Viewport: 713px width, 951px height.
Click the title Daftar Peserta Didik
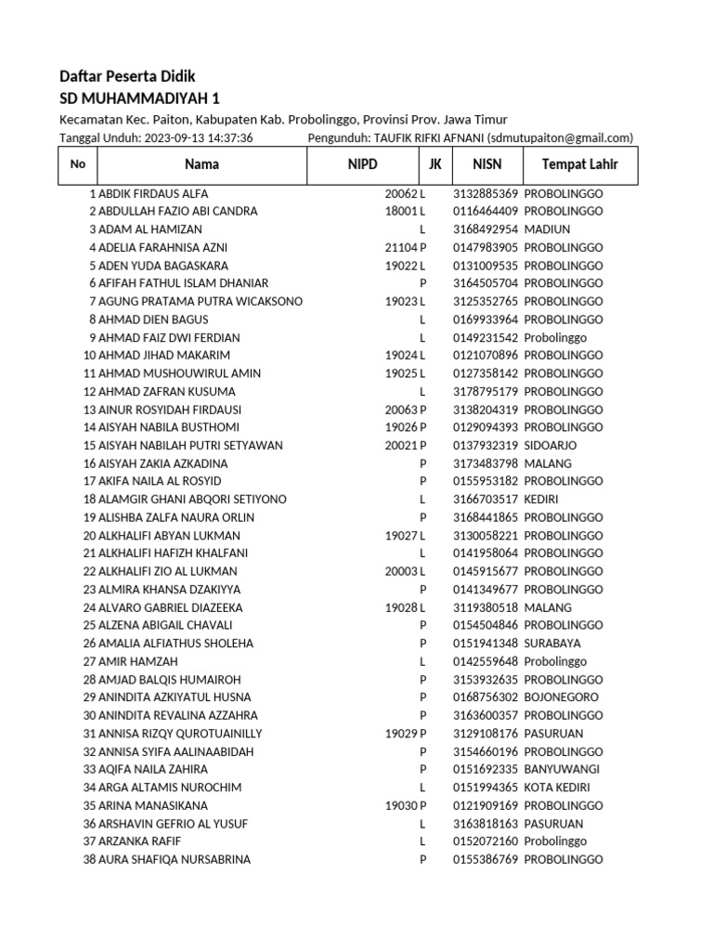(x=127, y=76)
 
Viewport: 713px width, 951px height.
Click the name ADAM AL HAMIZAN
(x=149, y=229)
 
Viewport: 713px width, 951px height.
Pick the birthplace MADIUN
(x=545, y=229)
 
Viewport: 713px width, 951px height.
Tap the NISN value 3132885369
(x=486, y=193)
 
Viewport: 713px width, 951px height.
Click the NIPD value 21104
(x=400, y=248)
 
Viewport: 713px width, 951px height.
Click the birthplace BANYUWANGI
(x=561, y=769)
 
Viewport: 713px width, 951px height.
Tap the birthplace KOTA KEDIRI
(x=557, y=788)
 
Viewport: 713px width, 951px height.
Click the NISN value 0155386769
(x=486, y=859)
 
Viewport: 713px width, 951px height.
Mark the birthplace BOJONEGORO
(x=561, y=697)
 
